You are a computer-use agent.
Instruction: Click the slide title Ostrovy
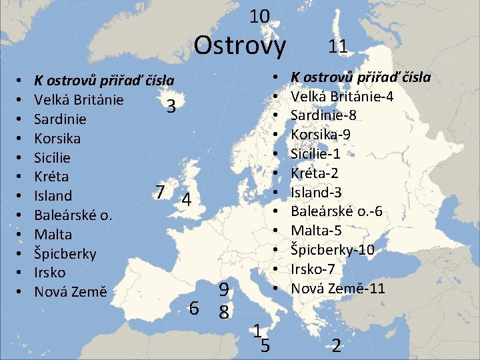coord(239,45)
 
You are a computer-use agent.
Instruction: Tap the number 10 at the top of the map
coord(259,16)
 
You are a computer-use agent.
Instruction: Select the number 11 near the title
coord(337,46)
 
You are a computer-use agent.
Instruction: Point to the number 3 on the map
coord(171,107)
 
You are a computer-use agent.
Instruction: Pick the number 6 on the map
coord(194,308)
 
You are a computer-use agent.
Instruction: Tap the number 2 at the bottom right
coord(337,346)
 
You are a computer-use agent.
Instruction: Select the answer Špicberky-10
coord(333,249)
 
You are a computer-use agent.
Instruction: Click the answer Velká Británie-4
coord(342,96)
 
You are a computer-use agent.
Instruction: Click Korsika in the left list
coord(57,139)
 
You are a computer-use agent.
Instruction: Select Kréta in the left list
coord(51,177)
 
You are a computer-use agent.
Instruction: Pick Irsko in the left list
coord(50,273)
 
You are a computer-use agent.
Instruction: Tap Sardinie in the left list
coord(60,119)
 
